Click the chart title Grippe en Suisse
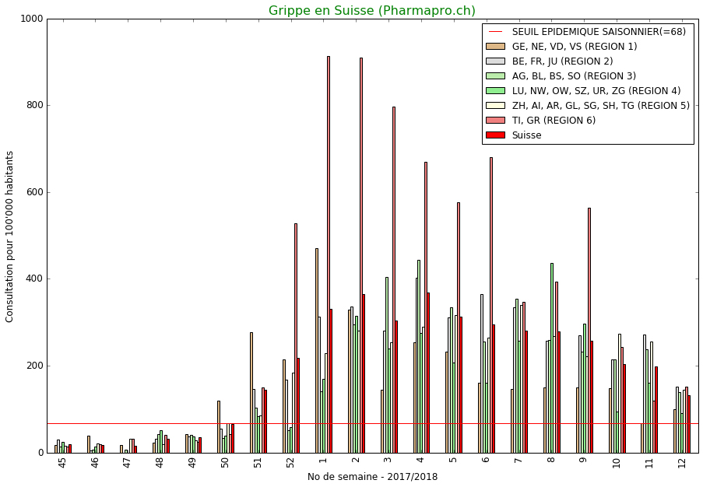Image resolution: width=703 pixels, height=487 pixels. coord(371,11)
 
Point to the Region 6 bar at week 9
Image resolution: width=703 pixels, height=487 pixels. coord(589,327)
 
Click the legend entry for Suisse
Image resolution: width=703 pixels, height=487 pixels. coord(526,135)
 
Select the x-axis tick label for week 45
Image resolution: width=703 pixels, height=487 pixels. coord(62,463)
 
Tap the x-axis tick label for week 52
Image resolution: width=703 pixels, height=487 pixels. coord(290,463)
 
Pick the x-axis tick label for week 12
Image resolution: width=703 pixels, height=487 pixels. coord(682,463)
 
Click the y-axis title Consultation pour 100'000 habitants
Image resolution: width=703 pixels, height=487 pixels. coord(10,236)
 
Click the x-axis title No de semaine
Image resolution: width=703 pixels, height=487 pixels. coord(372,477)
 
